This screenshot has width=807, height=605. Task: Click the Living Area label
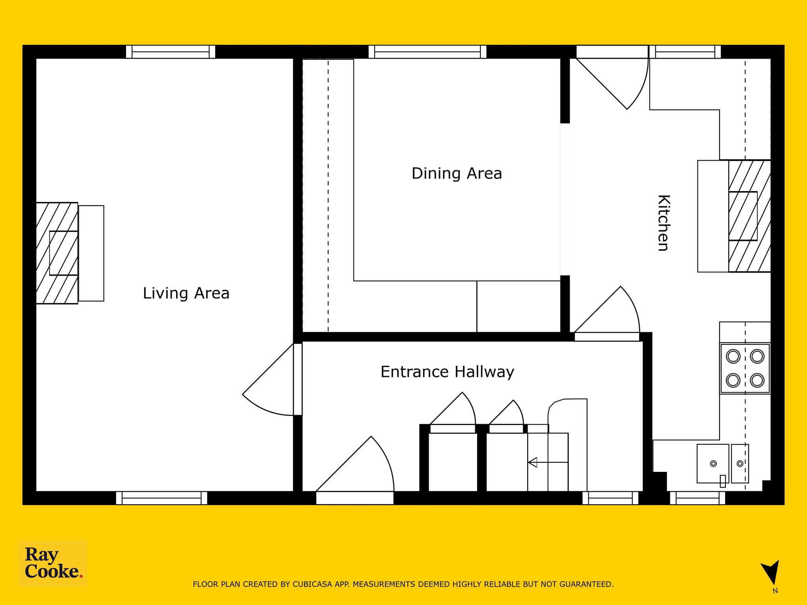186,293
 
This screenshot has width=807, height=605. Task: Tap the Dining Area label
457,174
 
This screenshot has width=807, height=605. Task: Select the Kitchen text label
664,223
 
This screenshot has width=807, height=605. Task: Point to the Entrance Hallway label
447,372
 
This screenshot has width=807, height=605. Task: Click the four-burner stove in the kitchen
745,368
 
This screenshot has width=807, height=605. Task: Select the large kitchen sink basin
713,464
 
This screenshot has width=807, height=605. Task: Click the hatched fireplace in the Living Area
57,253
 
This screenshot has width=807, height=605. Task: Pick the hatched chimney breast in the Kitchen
749,216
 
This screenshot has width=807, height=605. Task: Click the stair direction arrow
548,462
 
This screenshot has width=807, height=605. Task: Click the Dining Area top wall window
428,52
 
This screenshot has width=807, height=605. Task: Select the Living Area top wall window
171,52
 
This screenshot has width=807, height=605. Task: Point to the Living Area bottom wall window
162,498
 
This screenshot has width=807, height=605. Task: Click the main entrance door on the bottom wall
355,471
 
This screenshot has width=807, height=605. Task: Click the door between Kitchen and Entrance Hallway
607,314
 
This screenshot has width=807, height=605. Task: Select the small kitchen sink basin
740,464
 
